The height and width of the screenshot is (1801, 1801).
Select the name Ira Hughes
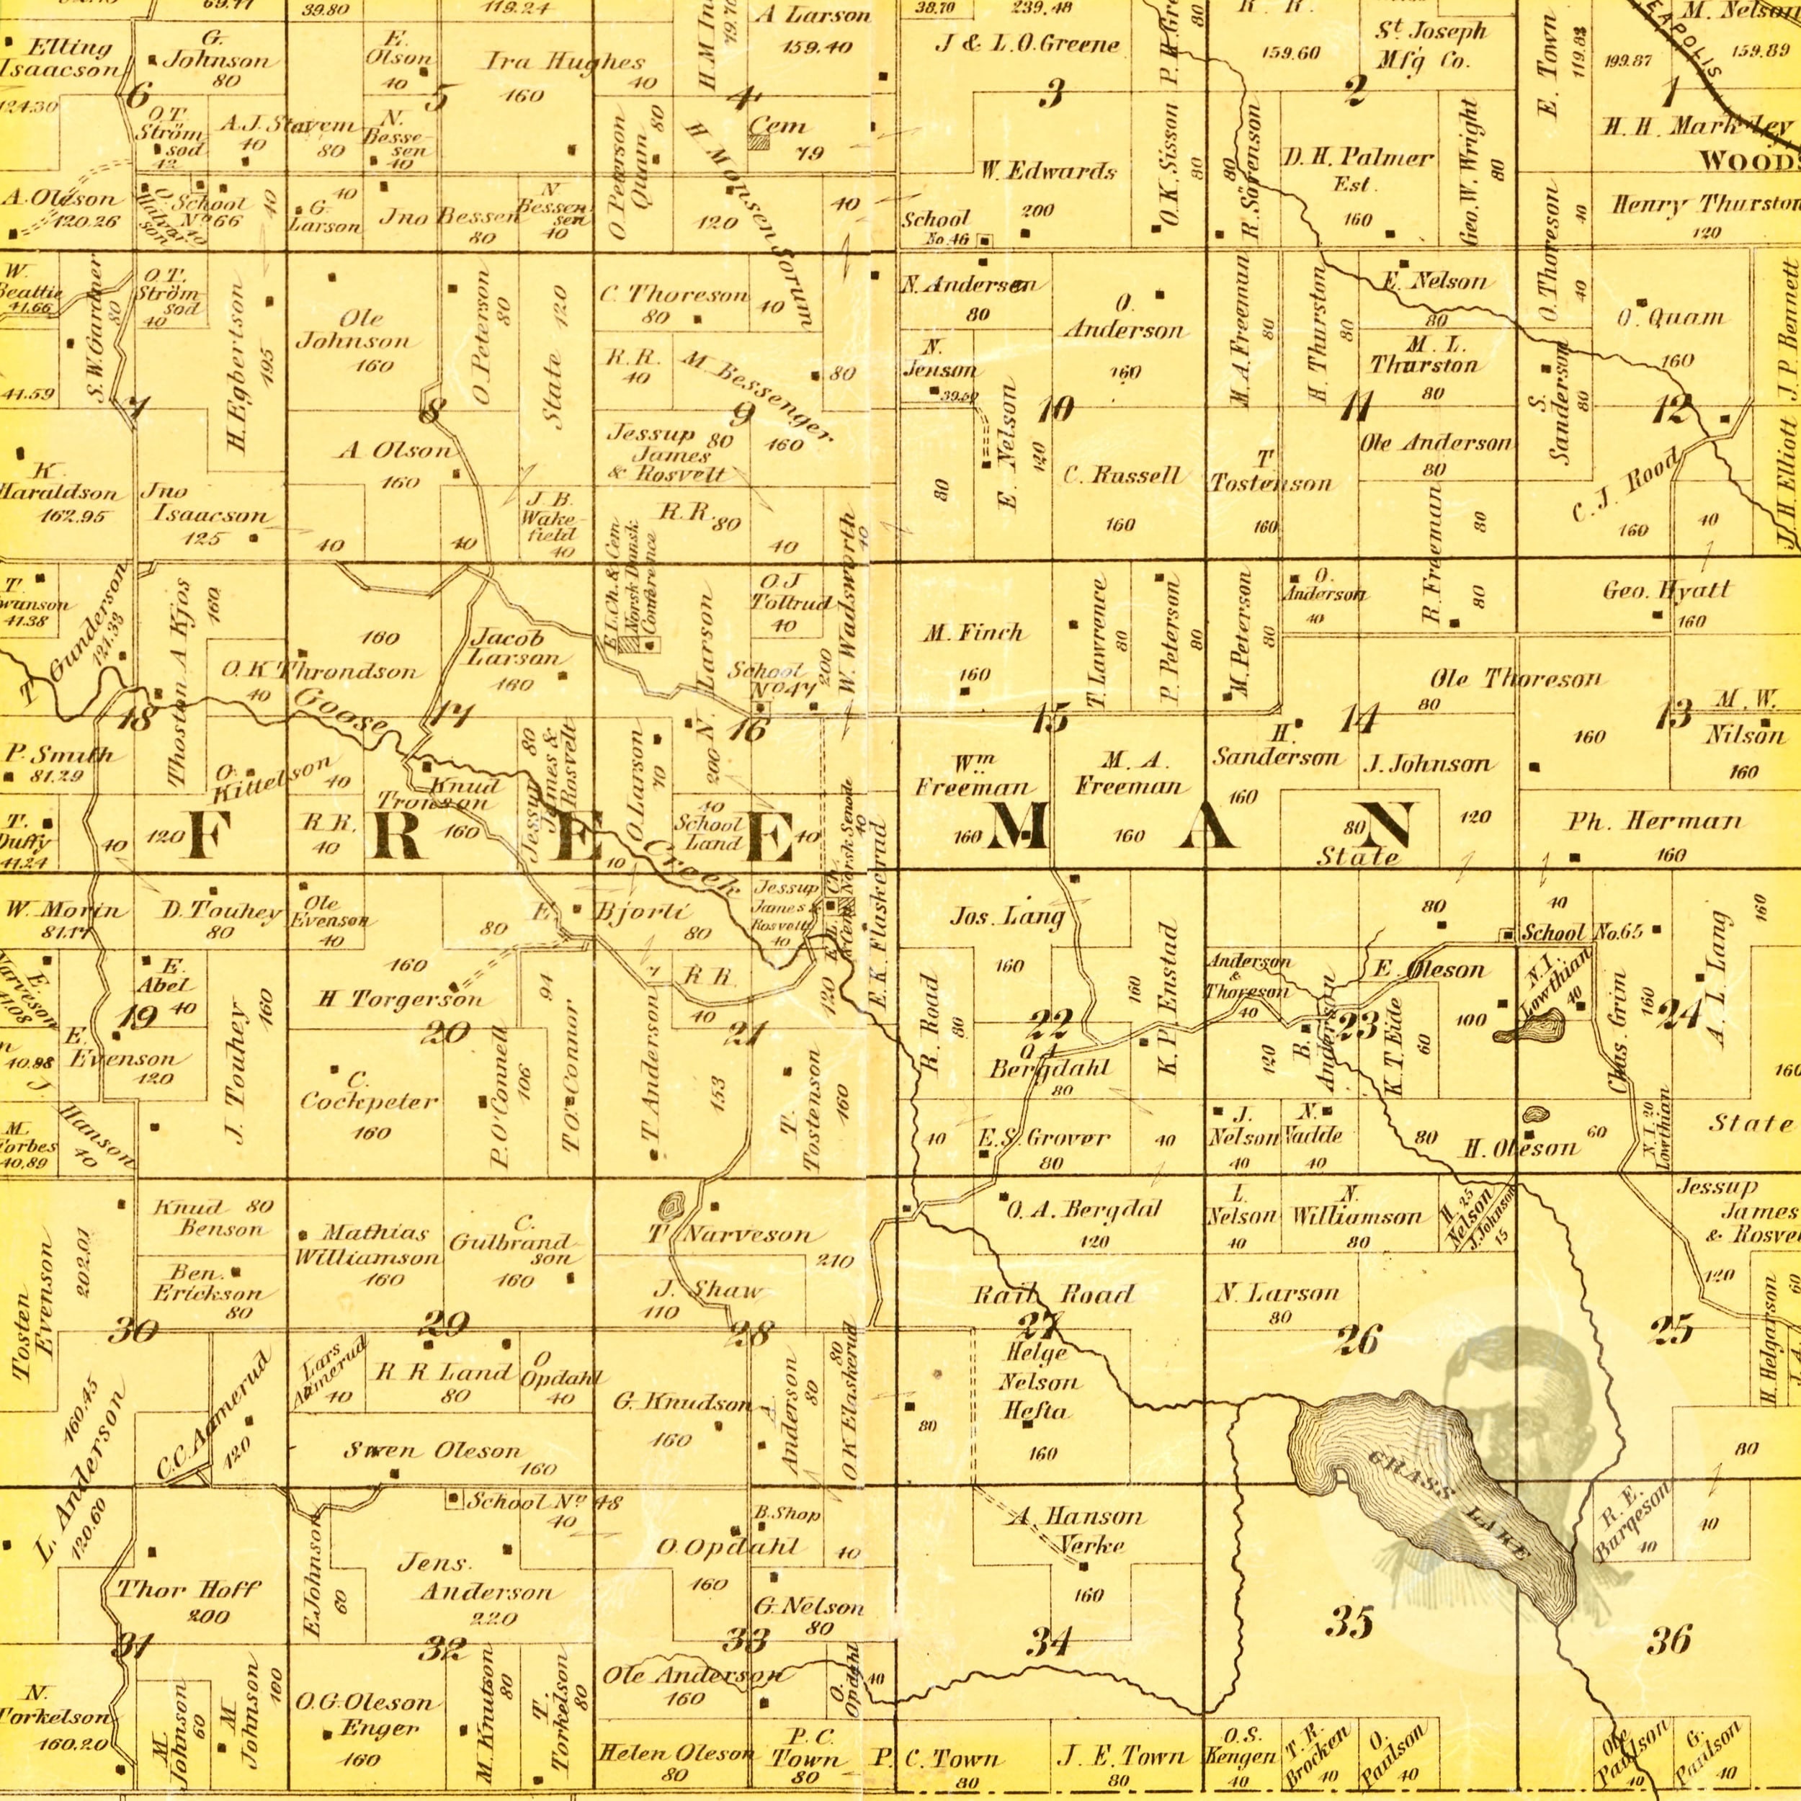pyautogui.click(x=565, y=63)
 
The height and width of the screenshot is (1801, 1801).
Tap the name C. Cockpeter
pyautogui.click(x=369, y=1093)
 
